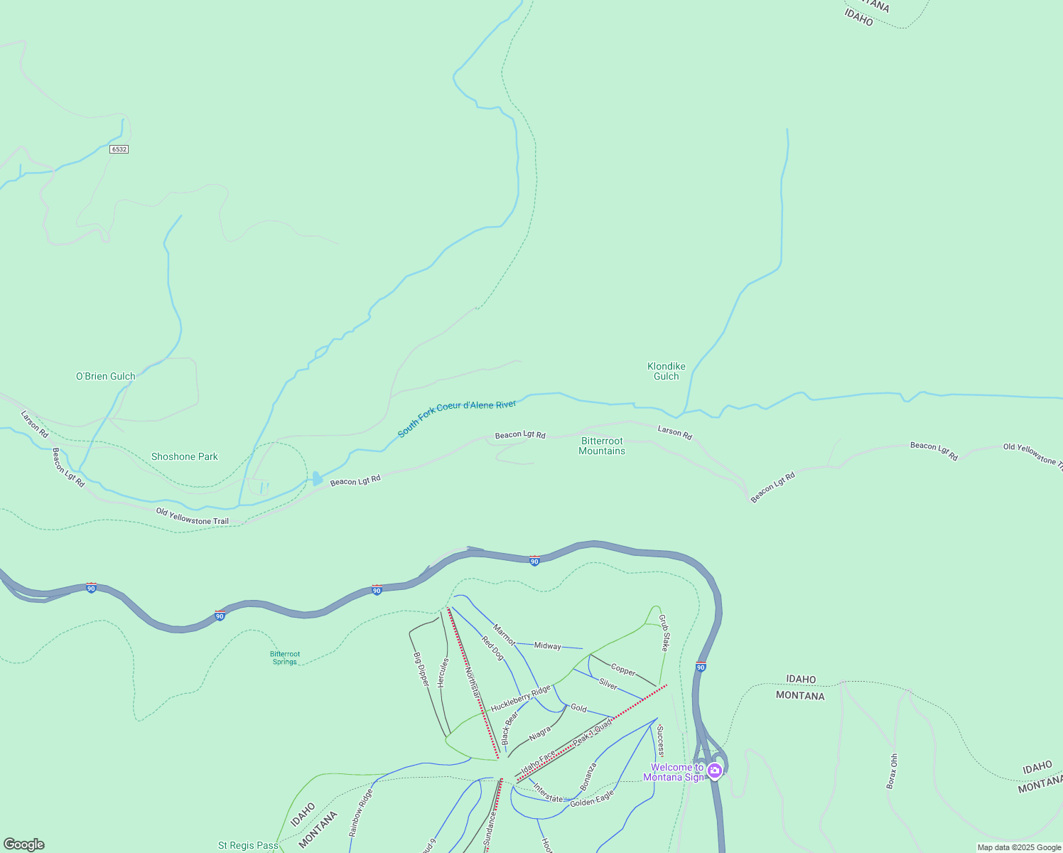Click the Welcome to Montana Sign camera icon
coord(715,771)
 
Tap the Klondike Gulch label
coord(667,371)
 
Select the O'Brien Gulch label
coord(106,376)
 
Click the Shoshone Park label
coord(185,456)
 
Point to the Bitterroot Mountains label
coord(602,446)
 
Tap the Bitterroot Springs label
coord(285,658)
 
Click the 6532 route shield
coord(119,149)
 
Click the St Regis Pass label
coord(248,845)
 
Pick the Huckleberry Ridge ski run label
coord(520,699)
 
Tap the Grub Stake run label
coord(664,633)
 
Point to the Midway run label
coord(547,645)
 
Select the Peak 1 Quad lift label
coord(592,732)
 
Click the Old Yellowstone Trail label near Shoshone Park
coord(193,517)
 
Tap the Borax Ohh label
coord(892,771)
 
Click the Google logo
coord(24,844)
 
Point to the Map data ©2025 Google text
coord(1019,847)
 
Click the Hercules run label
coord(443,672)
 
